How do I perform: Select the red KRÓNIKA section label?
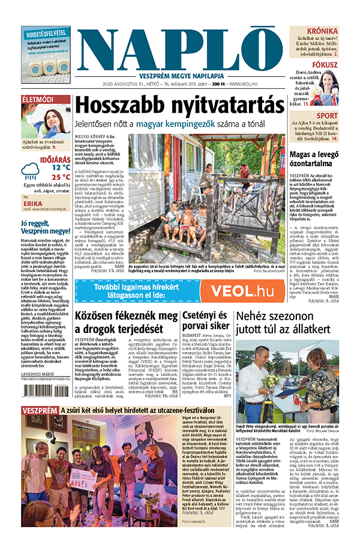(322, 31)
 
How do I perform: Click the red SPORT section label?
(327, 116)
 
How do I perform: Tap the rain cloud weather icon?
(30, 172)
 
